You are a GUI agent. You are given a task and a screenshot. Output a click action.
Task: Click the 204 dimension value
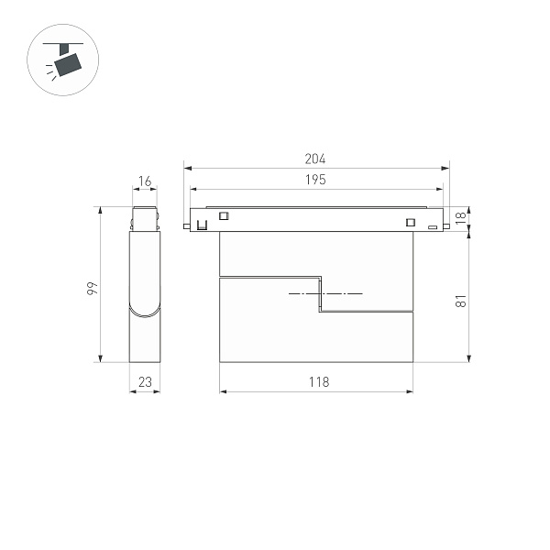click(315, 159)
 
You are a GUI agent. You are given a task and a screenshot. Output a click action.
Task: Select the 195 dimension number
click(315, 180)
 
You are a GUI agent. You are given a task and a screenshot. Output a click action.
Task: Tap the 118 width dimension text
click(316, 382)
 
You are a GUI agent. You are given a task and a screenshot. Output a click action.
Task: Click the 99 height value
click(92, 288)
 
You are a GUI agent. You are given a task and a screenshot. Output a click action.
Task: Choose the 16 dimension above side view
click(144, 181)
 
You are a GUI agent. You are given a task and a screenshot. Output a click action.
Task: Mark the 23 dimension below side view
click(144, 382)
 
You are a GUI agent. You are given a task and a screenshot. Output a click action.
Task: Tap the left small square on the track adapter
click(222, 217)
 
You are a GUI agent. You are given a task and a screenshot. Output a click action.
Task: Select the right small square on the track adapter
click(408, 221)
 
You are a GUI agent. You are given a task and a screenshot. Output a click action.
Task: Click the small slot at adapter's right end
click(432, 225)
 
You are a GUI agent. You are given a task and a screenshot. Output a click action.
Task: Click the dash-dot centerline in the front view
click(325, 293)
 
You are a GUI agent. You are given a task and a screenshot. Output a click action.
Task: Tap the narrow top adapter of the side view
click(146, 220)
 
